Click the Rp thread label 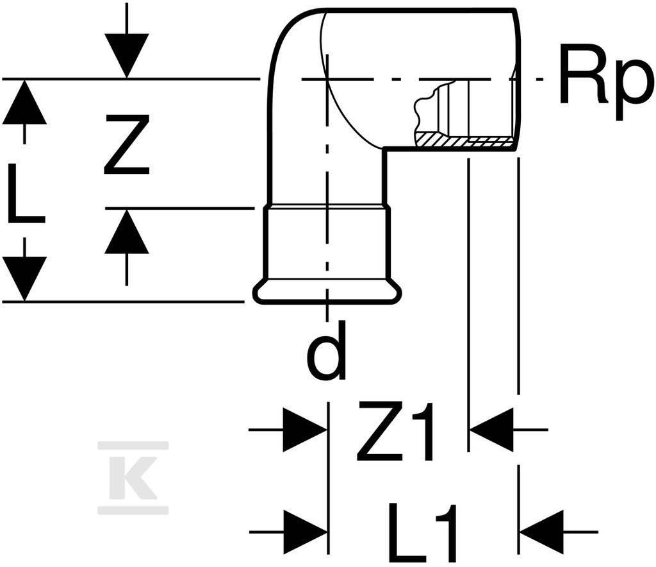pos(606,82)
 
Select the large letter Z pos(127,144)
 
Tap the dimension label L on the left pos(25,194)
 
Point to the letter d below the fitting pos(327,350)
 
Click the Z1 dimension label pos(395,431)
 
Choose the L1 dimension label pos(423,532)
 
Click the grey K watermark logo pos(133,477)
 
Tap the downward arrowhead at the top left pos(127,56)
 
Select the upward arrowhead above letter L pos(25,102)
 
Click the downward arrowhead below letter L pos(25,279)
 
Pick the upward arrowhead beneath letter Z pos(127,231)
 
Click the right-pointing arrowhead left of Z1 pos(305,430)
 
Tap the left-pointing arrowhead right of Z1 pos(492,430)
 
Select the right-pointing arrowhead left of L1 pos(305,532)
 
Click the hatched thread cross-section pos(464,140)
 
